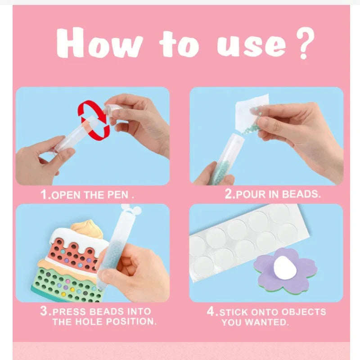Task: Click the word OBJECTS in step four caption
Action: click(303, 312)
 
